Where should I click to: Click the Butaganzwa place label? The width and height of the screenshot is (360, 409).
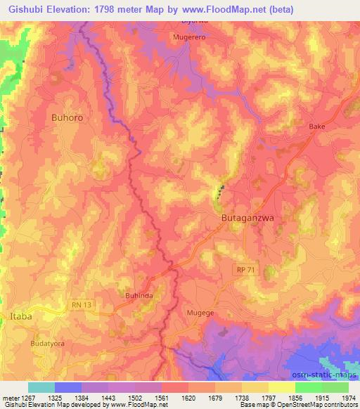(247, 219)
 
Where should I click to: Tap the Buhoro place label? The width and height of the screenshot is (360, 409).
(67, 118)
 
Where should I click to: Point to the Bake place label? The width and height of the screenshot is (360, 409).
(317, 126)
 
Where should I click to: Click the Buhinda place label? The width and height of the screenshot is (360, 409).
(139, 297)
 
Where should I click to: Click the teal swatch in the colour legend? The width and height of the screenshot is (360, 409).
(41, 387)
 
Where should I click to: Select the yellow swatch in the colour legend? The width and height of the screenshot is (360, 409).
(282, 387)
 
